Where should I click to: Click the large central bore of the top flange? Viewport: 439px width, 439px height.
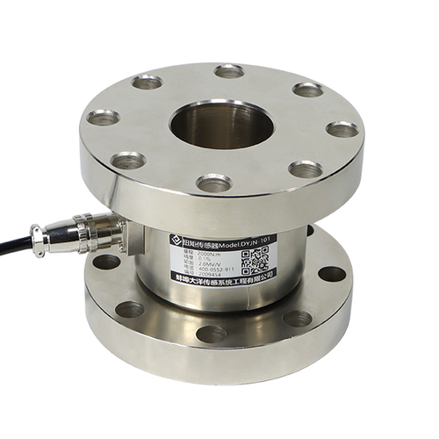[x=222, y=125]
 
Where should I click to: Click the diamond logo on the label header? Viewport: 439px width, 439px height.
[x=176, y=240]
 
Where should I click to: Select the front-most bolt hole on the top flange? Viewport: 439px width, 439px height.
[x=213, y=183]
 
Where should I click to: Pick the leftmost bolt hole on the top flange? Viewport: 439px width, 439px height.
[x=103, y=116]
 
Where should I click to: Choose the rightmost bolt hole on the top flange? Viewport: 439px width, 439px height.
[x=342, y=129]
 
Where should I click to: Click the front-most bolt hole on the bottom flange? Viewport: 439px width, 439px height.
[x=211, y=333]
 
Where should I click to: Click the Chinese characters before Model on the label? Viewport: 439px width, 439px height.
[x=198, y=240]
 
